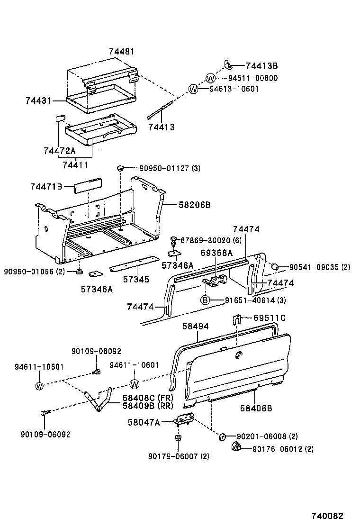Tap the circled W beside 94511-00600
(x=211, y=78)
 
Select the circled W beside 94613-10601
(x=193, y=89)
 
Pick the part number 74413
(x=162, y=127)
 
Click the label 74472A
(x=59, y=151)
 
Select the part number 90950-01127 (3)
(x=169, y=168)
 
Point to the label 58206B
(x=194, y=205)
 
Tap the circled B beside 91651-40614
(x=205, y=300)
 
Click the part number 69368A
(x=216, y=253)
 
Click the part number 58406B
(x=256, y=408)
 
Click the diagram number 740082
(x=327, y=516)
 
